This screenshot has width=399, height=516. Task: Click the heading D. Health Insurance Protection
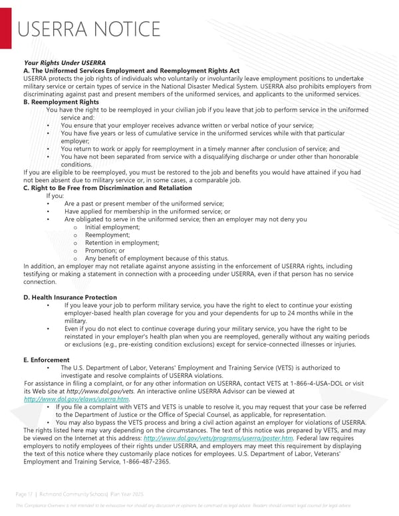(x=70, y=297)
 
